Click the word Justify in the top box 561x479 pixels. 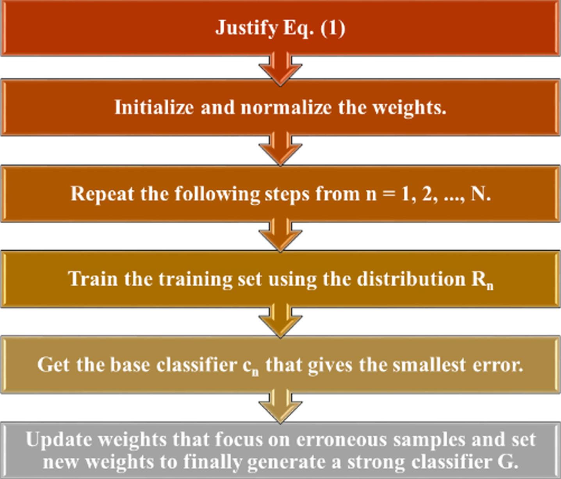point(246,28)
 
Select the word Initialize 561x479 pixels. point(154,107)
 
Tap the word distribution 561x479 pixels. point(411,279)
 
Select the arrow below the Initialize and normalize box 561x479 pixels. point(280,148)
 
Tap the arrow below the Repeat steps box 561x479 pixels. point(280,235)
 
